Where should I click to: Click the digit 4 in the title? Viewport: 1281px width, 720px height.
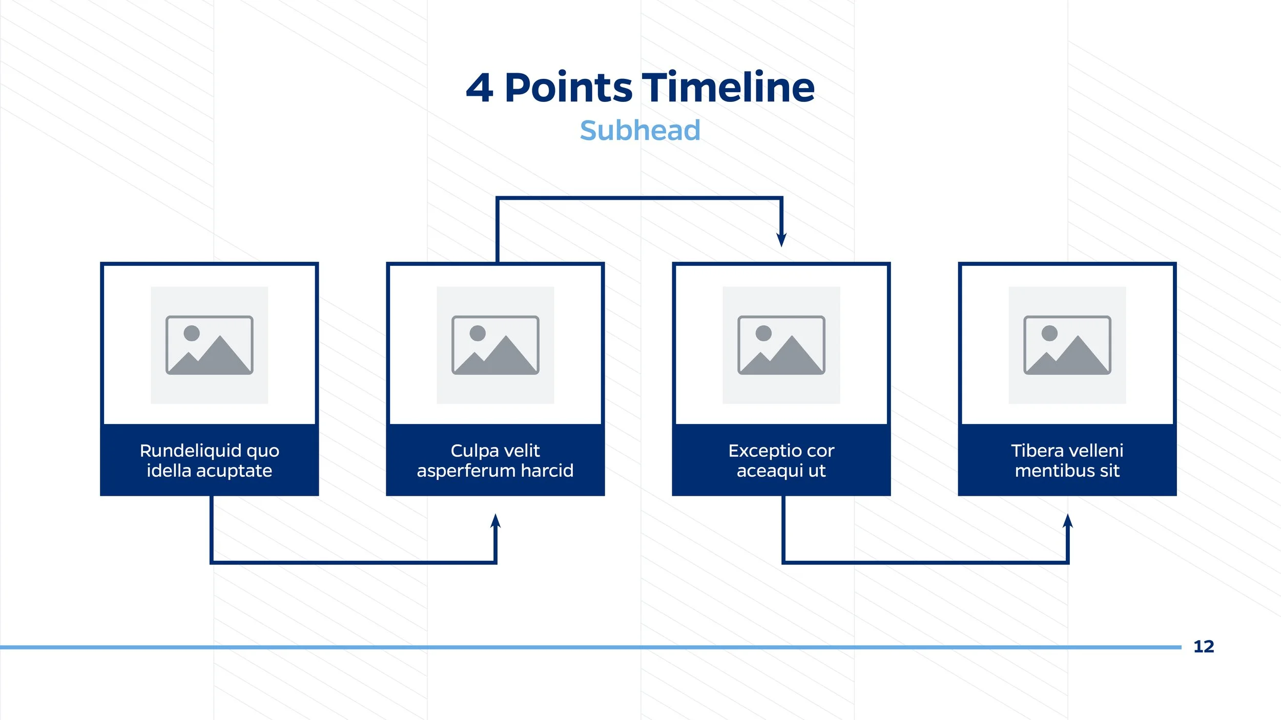click(480, 89)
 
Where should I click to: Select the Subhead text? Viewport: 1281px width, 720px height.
click(640, 130)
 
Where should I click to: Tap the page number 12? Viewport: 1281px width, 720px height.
click(1204, 647)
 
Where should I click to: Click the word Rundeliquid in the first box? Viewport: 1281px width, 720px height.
click(191, 451)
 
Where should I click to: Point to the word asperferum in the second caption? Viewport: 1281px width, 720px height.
click(466, 471)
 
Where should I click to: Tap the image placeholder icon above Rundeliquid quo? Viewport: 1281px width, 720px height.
click(209, 345)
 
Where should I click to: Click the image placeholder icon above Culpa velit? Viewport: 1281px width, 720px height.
click(495, 345)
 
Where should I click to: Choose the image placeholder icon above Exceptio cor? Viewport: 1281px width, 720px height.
click(781, 345)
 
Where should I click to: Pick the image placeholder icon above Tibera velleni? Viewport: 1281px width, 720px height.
click(1067, 345)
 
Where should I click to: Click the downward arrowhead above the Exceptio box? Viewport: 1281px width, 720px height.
click(781, 239)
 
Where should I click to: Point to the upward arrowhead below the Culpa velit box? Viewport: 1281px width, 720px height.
click(495, 522)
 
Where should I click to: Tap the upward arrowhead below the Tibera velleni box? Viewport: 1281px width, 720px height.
click(1068, 522)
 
